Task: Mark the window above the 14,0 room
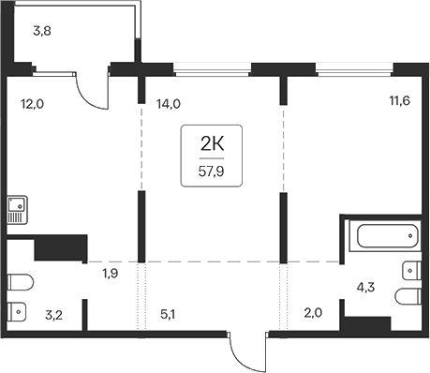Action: click(213, 67)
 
